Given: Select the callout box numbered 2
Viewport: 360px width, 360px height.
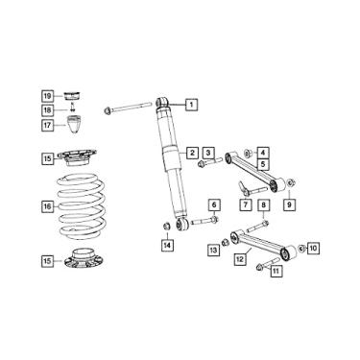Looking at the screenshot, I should (x=193, y=153).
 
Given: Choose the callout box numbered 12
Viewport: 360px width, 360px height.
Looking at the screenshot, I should (x=241, y=258).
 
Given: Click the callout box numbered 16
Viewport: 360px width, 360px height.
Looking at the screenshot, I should (x=47, y=205).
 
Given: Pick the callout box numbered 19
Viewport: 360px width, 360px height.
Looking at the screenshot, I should (x=47, y=95).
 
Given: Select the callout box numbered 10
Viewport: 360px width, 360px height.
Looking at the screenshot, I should (x=313, y=248).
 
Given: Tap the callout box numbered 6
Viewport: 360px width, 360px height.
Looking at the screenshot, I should (x=215, y=204).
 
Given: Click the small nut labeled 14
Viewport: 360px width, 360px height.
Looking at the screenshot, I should (x=166, y=226).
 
